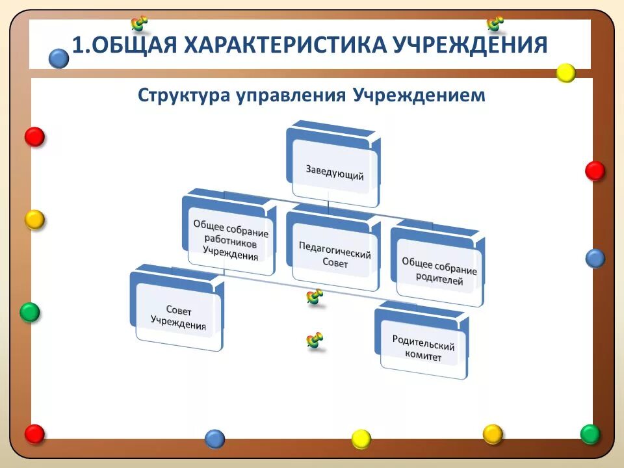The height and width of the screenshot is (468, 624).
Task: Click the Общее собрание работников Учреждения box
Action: [x=230, y=239]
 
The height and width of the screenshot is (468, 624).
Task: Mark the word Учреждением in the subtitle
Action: [x=420, y=95]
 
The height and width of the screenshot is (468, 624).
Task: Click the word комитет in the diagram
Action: [x=423, y=357]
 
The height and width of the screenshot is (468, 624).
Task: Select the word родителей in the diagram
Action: [x=440, y=281]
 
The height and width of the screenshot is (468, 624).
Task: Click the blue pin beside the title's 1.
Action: [x=58, y=58]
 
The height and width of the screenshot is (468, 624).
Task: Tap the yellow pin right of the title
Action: [x=565, y=73]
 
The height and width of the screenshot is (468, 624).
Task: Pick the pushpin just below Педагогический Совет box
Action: [x=315, y=298]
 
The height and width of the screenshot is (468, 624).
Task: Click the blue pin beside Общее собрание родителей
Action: [x=595, y=258]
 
